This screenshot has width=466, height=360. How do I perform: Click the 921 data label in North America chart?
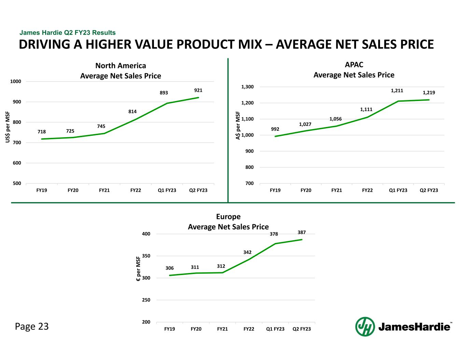pyautogui.click(x=198, y=90)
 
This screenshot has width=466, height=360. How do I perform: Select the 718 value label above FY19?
pyautogui.click(x=42, y=132)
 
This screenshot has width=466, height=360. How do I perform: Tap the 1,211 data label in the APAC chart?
pyautogui.click(x=397, y=91)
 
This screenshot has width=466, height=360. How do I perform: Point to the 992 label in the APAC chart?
pyautogui.click(x=275, y=129)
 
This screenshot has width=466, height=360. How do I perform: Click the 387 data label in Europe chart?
pyautogui.click(x=301, y=232)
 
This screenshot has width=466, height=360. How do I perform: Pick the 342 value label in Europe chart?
pyautogui.click(x=248, y=252)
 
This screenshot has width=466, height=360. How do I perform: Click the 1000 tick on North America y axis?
pyautogui.click(x=16, y=82)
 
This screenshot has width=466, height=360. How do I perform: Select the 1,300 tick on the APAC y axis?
pyautogui.click(x=248, y=87)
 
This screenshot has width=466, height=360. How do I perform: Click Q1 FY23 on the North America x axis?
pyautogui.click(x=167, y=190)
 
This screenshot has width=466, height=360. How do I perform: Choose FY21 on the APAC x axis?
pyautogui.click(x=337, y=190)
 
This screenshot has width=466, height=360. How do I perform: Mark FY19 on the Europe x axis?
pyautogui.click(x=170, y=329)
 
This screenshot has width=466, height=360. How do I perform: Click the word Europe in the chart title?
pyautogui.click(x=228, y=217)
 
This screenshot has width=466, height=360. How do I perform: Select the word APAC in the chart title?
pyautogui.click(x=354, y=65)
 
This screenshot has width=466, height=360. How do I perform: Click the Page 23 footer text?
pyautogui.click(x=32, y=327)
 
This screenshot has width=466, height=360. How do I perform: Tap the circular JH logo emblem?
pyautogui.click(x=365, y=327)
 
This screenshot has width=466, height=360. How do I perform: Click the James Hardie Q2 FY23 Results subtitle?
pyautogui.click(x=68, y=33)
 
